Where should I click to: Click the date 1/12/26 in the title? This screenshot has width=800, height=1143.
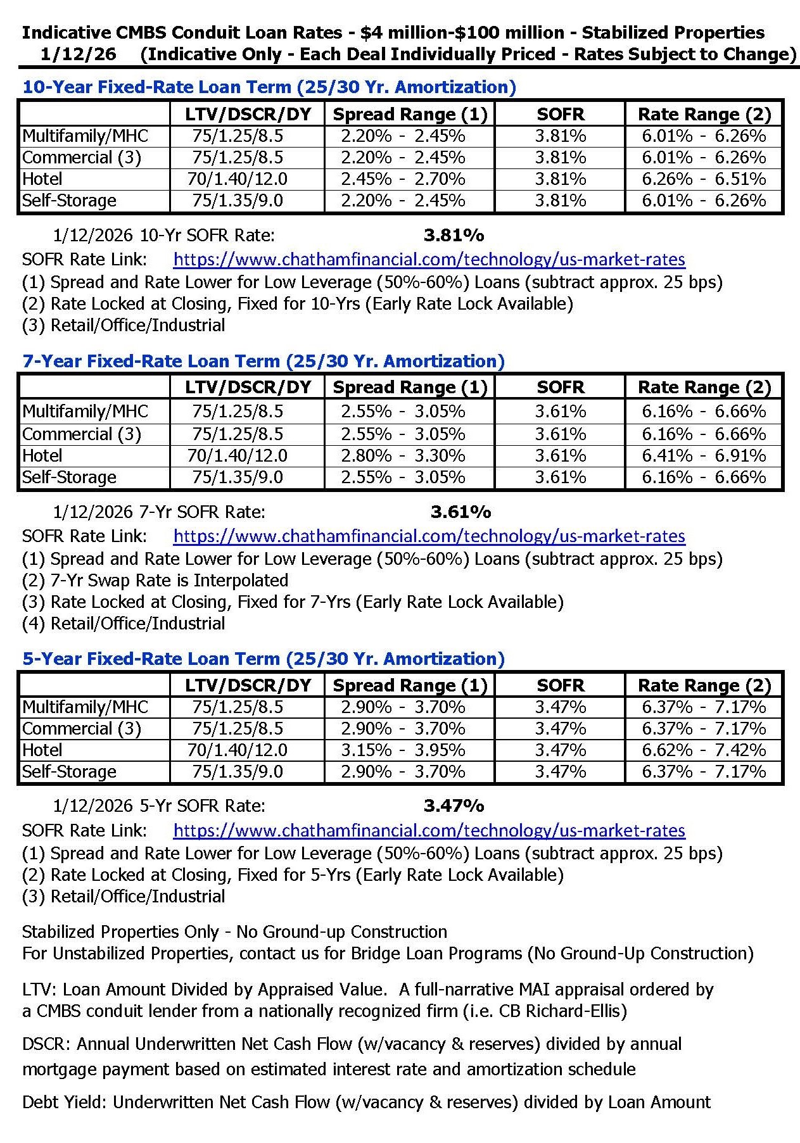pyautogui.click(x=78, y=54)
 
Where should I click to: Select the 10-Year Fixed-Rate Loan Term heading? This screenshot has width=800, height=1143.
pyautogui.click(x=269, y=87)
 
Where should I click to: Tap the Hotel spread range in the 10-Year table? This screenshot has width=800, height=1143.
pyautogui.click(x=403, y=179)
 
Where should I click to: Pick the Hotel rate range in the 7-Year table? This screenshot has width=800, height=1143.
pyautogui.click(x=704, y=456)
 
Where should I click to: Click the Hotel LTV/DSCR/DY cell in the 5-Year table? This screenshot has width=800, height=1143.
pyautogui.click(x=238, y=750)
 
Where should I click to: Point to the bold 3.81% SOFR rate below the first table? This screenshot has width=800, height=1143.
pyautogui.click(x=454, y=236)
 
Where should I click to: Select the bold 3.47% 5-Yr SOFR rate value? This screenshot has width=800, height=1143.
pyautogui.click(x=454, y=805)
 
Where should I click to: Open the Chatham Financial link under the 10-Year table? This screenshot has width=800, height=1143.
pyautogui.click(x=429, y=260)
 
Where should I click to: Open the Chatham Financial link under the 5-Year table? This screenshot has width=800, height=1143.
pyautogui.click(x=429, y=831)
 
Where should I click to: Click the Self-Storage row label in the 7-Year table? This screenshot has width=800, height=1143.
pyautogui.click(x=70, y=477)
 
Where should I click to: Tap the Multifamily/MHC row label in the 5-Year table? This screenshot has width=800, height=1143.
pyautogui.click(x=85, y=707)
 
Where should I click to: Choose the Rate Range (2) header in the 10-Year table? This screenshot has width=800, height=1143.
pyautogui.click(x=704, y=115)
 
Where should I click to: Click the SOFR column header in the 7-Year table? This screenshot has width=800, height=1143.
pyautogui.click(x=561, y=388)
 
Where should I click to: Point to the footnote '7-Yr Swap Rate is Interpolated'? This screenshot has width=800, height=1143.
pyautogui.click(x=155, y=581)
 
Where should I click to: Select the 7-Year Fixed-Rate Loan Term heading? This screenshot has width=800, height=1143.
pyautogui.click(x=263, y=362)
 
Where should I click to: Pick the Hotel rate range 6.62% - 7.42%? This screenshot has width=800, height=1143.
pyautogui.click(x=704, y=750)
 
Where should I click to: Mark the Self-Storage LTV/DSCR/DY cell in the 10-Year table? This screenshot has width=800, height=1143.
pyautogui.click(x=238, y=201)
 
